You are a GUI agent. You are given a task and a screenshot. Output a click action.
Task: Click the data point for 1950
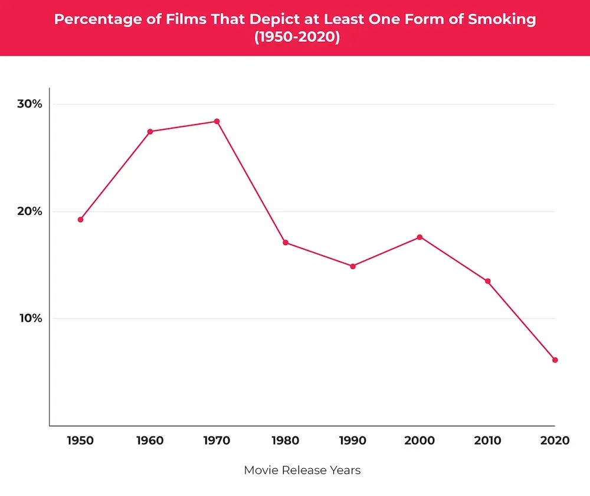[x=80, y=220]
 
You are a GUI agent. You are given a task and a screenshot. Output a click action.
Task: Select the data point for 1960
[x=150, y=132]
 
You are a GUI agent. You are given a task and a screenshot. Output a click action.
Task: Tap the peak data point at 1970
[x=217, y=122]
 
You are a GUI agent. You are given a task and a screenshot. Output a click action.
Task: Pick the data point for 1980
[x=286, y=243]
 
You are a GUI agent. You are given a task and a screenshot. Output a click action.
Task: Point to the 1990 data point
[x=353, y=266]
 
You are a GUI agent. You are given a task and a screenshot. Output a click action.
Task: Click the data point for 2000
[x=420, y=237]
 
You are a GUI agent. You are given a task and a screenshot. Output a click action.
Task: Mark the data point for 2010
[x=488, y=281]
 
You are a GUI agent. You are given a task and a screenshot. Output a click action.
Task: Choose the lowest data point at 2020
[x=555, y=360]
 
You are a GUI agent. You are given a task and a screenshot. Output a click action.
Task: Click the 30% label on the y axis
[x=29, y=104]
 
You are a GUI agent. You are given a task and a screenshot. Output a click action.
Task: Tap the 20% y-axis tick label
[x=29, y=211]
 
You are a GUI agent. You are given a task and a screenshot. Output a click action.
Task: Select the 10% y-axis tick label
[x=29, y=318]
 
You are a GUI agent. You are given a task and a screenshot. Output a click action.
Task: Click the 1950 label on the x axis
[x=80, y=440]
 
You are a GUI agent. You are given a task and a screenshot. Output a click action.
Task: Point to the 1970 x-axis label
[x=217, y=440]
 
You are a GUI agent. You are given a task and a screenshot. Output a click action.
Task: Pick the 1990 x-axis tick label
[x=353, y=440]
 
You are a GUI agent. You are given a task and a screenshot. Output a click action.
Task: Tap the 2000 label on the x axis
[x=420, y=440]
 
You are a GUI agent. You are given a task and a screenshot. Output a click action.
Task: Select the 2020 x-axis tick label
[x=555, y=440]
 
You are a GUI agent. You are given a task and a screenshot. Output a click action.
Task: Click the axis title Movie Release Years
[x=302, y=471]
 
